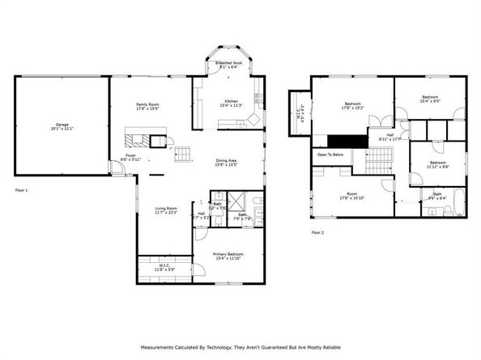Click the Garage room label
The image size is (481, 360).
point(62,125)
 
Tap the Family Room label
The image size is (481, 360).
point(147,104)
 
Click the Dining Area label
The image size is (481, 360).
point(226,160)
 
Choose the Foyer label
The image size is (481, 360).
point(130,156)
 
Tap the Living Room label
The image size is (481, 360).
point(166,209)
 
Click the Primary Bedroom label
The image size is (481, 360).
point(228,254)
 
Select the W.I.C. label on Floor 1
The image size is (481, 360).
point(164,265)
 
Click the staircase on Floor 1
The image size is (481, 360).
point(185,151)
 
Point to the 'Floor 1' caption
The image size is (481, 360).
point(22,190)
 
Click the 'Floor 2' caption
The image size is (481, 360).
point(318,232)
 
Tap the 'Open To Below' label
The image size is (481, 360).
point(330,154)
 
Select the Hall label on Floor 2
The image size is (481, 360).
point(389,135)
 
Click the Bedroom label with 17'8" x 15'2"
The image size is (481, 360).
point(352,104)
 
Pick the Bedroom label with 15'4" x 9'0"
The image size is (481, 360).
point(430,99)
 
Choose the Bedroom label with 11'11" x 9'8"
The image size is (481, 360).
point(437,162)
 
